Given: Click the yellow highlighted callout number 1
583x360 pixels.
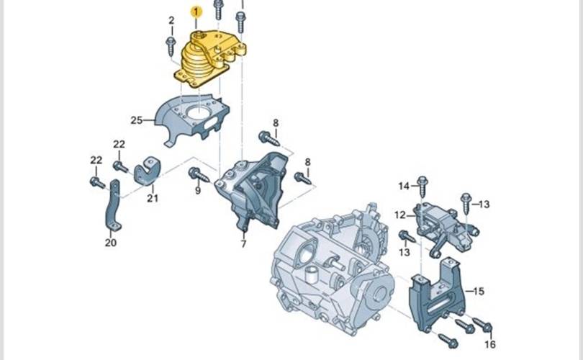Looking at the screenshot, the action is click(196, 12).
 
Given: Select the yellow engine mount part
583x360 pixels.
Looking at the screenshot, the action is click(209, 59).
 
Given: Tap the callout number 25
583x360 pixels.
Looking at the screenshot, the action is click(137, 120).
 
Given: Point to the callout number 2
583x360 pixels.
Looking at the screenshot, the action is click(171, 20).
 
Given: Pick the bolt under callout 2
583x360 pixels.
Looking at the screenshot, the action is click(171, 46).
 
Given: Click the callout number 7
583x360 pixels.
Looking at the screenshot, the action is click(243, 244).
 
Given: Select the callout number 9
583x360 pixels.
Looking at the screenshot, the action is click(198, 190).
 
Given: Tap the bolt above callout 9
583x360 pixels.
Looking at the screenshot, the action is click(199, 175).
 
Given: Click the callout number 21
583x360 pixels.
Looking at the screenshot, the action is click(153, 198).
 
